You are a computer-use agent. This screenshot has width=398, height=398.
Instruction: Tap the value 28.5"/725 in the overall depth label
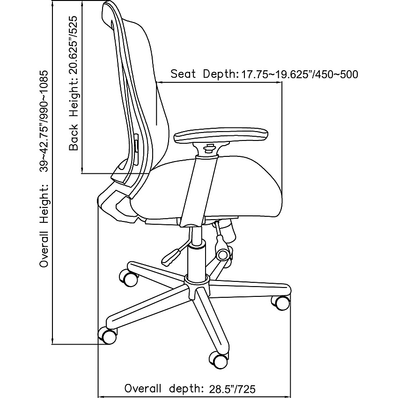pos(232,389)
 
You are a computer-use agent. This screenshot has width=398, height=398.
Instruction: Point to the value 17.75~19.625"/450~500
pos(299,74)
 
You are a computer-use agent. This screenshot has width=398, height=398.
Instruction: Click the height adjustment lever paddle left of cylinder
pos(171,257)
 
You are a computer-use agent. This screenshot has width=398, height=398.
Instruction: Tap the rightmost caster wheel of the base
pos(281,302)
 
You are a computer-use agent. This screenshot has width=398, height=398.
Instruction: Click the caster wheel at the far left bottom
pos(108,335)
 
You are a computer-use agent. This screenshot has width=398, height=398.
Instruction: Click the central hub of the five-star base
pos(197,287)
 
